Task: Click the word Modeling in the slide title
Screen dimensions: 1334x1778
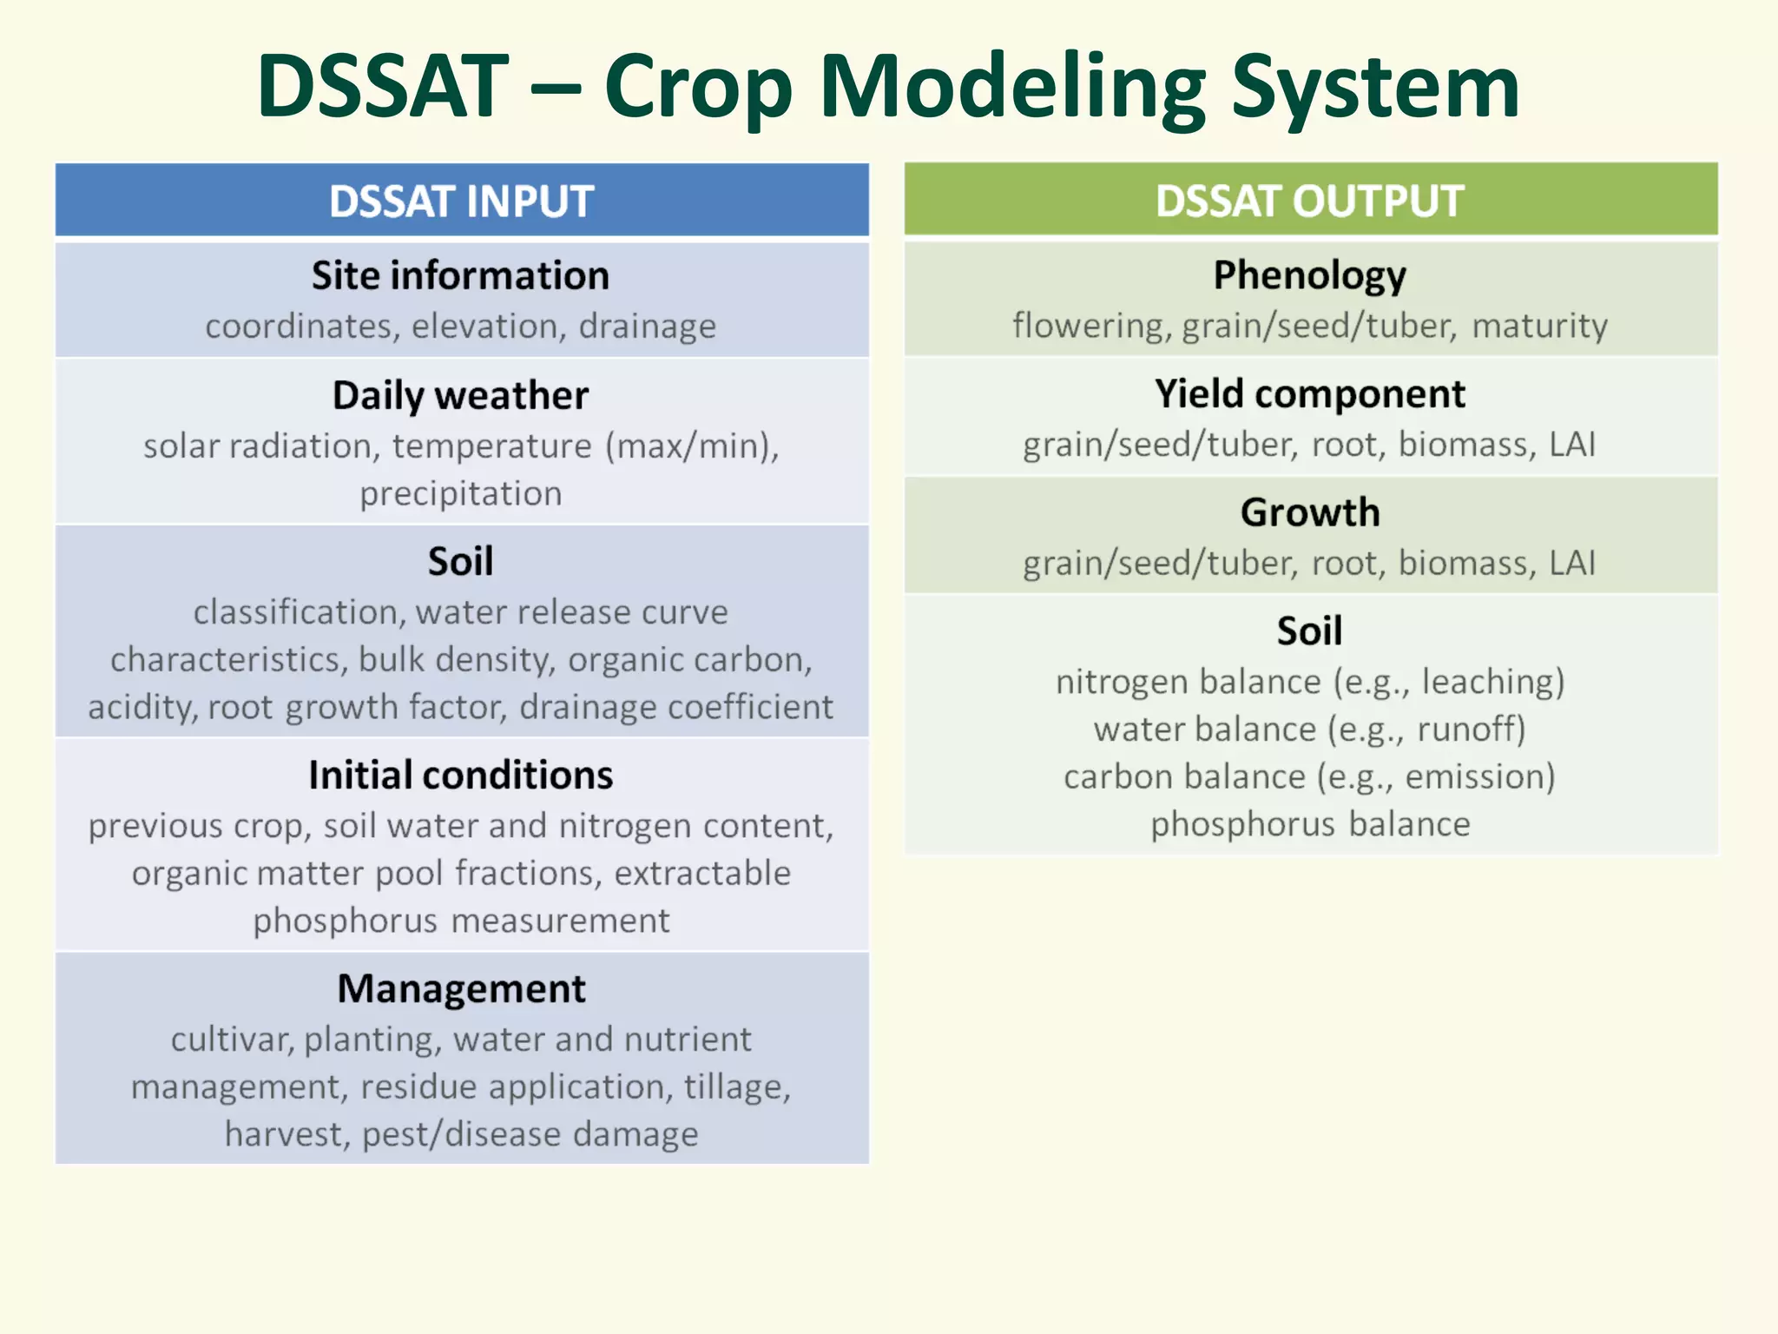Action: pos(1012,87)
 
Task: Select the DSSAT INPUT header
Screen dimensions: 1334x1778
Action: pos(461,201)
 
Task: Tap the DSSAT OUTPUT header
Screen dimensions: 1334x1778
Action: pos(1309,201)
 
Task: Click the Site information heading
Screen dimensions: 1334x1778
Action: pos(461,276)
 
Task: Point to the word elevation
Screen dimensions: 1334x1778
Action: pos(484,327)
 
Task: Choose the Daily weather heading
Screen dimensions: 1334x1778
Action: pos(461,396)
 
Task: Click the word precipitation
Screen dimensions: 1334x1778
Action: pos(461,494)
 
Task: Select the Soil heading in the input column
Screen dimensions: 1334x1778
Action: pos(461,562)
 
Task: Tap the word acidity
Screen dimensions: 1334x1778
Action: pos(140,708)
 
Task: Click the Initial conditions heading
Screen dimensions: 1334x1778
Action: pos(461,776)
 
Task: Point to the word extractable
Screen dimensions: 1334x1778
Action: pos(702,874)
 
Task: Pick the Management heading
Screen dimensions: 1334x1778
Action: pos(461,989)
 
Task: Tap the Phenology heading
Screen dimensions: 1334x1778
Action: pos(1309,276)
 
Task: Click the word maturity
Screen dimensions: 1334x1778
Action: pos(1539,327)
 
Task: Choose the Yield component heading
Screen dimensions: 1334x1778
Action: pos(1309,395)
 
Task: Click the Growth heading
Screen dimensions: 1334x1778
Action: pos(1309,513)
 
